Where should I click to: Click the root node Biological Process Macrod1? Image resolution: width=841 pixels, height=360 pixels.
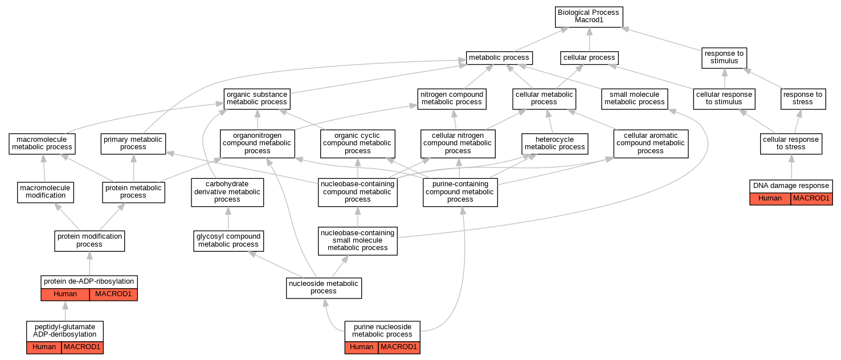pos(589,17)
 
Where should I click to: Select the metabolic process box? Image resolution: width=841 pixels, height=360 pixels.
pos(499,58)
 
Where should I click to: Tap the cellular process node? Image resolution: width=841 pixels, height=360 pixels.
pos(589,58)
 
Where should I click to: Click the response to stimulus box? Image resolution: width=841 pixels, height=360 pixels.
pos(724,58)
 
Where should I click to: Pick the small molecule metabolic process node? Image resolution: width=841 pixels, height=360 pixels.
pos(635,99)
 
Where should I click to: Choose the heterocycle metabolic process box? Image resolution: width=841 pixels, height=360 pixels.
pos(554,144)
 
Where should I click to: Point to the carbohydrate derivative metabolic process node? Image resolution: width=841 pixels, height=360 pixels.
pos(227,192)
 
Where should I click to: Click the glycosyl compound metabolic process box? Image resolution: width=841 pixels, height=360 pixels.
pos(228,241)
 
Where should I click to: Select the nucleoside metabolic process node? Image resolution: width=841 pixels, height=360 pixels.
pos(324,288)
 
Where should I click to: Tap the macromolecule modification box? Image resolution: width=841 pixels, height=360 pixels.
pos(46,192)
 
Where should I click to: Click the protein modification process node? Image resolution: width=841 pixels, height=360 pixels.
pos(89,241)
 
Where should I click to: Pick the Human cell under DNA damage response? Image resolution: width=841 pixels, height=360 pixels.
pos(770,199)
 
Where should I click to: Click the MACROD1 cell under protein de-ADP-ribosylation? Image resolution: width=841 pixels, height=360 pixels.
pos(113,294)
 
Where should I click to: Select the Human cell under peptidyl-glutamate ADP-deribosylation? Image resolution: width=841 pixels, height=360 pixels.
pos(44,347)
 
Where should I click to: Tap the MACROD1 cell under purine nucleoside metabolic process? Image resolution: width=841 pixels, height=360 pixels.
pos(399,347)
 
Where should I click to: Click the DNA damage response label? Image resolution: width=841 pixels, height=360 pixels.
pos(791,186)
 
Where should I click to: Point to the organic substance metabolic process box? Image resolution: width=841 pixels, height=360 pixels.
pos(257,99)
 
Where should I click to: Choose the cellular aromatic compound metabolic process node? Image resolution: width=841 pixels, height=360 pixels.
pos(651,144)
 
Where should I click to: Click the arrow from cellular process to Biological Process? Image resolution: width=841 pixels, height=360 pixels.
pos(589,39)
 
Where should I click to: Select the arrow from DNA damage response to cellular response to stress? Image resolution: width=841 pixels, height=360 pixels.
pos(791,167)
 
